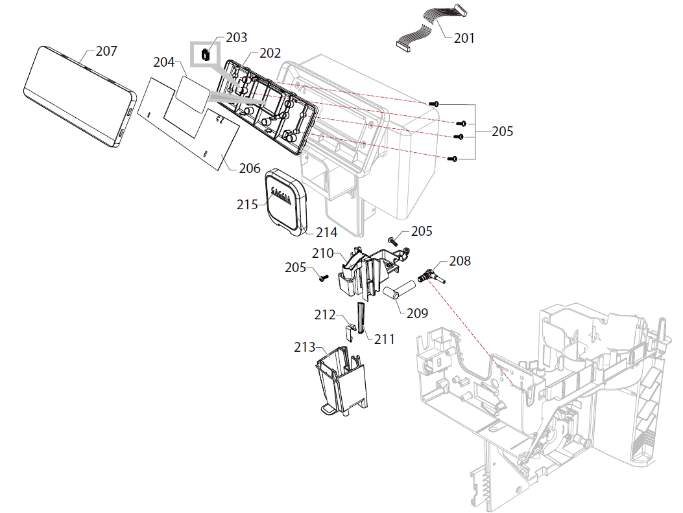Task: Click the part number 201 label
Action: tap(464, 38)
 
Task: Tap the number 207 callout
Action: tap(106, 51)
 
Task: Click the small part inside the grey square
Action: tap(205, 54)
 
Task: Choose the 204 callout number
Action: tap(163, 62)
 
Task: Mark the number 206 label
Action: tap(249, 168)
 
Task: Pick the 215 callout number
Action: tap(247, 204)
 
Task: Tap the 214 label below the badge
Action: tap(327, 232)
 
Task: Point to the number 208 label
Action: tap(460, 262)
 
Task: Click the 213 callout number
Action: tap(304, 348)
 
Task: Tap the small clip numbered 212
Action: tap(348, 331)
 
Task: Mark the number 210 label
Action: tap(322, 253)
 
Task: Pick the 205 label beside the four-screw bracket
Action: tap(502, 131)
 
